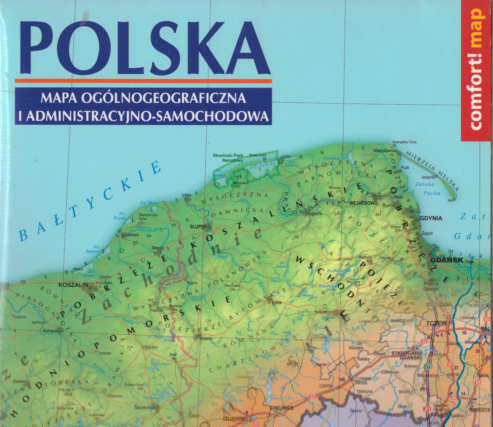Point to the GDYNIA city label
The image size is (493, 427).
pyautogui.click(x=431, y=218)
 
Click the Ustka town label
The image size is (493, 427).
pyautogui.click(x=186, y=195)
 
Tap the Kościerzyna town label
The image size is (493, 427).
pyautogui.click(x=325, y=312)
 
